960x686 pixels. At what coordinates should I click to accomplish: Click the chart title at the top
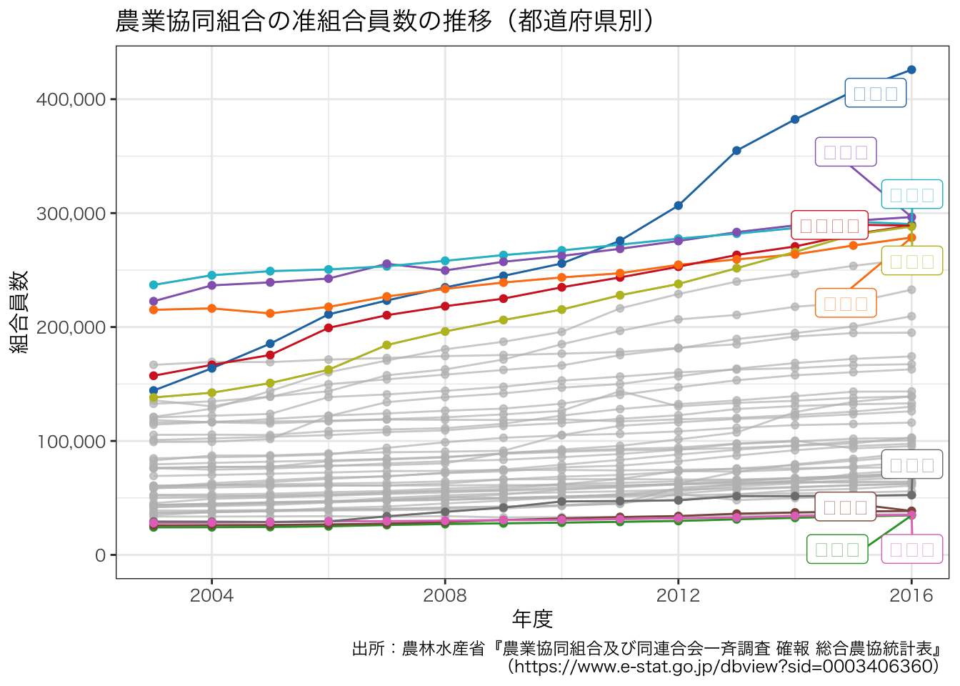[384, 21]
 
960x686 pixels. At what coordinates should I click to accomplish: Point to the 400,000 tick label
[71, 99]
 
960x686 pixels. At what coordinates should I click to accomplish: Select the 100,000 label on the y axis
[71, 442]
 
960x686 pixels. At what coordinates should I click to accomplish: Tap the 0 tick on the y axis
[100, 555]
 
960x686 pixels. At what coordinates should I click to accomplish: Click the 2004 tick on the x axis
[211, 595]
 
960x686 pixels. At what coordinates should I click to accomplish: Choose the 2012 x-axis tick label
[678, 595]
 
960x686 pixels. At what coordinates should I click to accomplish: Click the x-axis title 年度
[532, 619]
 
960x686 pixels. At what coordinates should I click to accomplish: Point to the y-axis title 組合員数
[19, 312]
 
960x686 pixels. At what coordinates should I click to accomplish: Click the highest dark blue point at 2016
[911, 70]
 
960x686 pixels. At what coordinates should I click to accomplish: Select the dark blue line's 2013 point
[736, 151]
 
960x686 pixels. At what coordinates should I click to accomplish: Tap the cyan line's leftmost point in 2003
[154, 285]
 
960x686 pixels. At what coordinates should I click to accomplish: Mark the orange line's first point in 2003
[154, 309]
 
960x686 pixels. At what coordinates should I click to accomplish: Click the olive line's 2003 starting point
[154, 397]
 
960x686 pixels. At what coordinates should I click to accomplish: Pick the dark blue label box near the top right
[876, 93]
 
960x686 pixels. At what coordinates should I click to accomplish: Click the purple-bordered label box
[846, 151]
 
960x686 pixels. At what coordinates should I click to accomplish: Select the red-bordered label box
[829, 226]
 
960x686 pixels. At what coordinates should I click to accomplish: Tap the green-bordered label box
[837, 550]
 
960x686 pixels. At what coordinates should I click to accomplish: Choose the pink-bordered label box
[912, 550]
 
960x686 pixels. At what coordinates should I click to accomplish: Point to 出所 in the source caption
[369, 649]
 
